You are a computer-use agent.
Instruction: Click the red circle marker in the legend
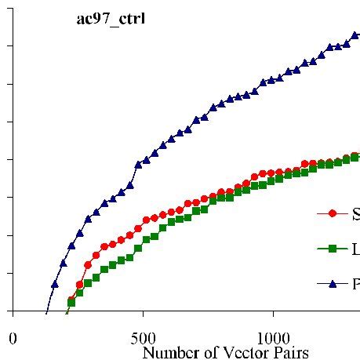tap(332, 213)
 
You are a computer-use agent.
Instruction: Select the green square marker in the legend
tap(332, 249)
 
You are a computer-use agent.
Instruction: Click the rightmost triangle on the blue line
tap(355, 35)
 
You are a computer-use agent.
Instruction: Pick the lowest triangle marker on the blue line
tap(55, 284)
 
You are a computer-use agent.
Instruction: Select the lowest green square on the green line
tap(71, 302)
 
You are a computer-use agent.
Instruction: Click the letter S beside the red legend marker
tap(355, 213)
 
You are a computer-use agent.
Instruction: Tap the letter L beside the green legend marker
tap(355, 249)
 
